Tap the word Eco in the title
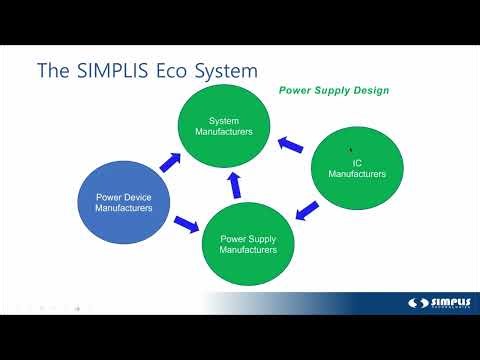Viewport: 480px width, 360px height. click(185, 71)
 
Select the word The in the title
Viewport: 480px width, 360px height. click(52, 71)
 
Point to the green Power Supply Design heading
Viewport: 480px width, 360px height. click(333, 91)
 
